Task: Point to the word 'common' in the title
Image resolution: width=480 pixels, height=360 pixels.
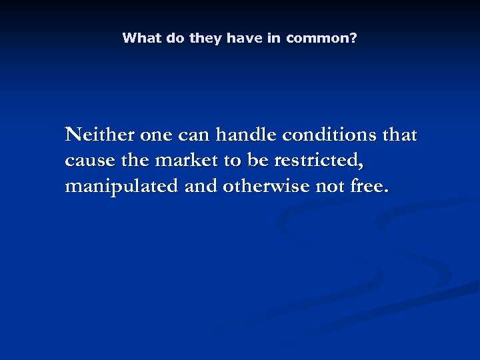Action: point(318,38)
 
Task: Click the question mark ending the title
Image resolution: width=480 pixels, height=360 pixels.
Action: point(353,38)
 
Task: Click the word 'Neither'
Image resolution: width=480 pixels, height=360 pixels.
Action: point(99,135)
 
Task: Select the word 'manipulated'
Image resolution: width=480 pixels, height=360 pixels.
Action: point(120,186)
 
